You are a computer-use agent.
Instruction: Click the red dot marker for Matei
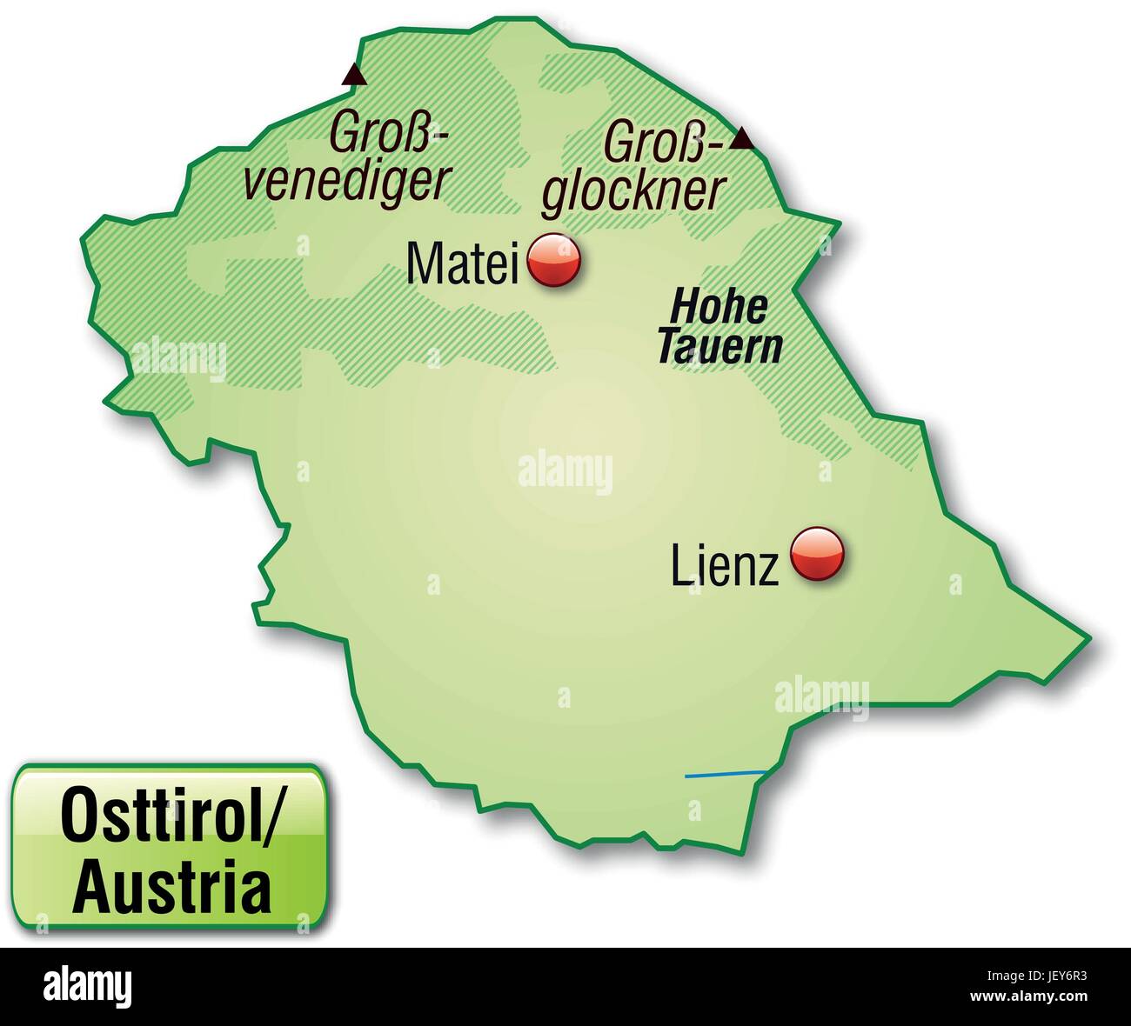(x=554, y=260)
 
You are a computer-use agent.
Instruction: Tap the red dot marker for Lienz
(x=817, y=552)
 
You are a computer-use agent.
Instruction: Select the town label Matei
(x=462, y=263)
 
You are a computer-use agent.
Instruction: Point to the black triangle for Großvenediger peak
(x=353, y=75)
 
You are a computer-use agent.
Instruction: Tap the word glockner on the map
(x=633, y=193)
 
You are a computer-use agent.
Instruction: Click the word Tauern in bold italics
(x=719, y=348)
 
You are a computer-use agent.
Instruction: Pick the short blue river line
(x=724, y=774)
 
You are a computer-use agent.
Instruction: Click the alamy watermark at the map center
(x=565, y=472)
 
